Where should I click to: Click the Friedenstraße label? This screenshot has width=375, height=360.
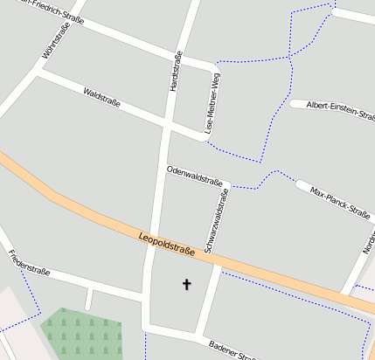[x=28, y=263]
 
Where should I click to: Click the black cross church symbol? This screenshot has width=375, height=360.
[x=185, y=284]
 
